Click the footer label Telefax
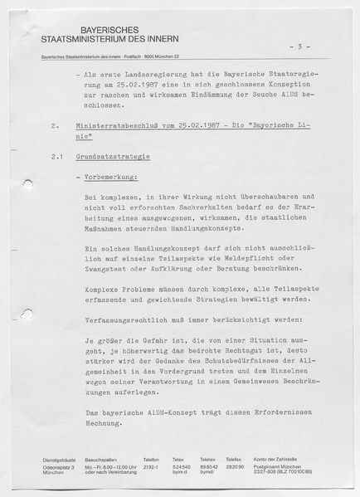tap(233, 459)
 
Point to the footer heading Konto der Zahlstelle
tap(278, 459)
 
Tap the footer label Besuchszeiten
tap(100, 459)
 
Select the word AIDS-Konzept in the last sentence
tap(169, 413)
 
